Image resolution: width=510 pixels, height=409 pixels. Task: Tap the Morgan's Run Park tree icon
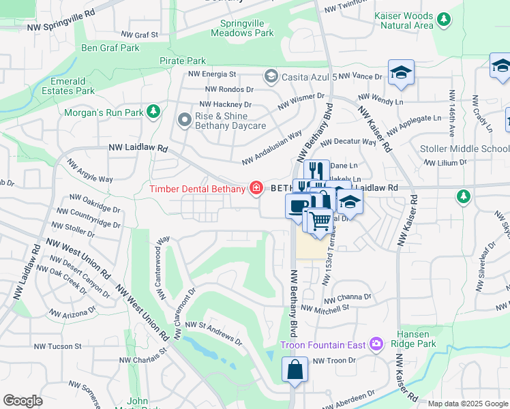(x=154, y=110)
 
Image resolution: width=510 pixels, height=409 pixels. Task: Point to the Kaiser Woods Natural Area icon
(x=445, y=19)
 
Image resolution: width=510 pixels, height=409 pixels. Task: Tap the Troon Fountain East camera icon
(x=375, y=345)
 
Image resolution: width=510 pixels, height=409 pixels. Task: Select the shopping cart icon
(x=320, y=220)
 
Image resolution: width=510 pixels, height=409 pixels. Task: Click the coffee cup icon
(x=297, y=205)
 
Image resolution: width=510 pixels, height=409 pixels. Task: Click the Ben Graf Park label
(x=110, y=48)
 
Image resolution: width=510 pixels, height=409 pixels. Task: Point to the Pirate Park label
(x=182, y=61)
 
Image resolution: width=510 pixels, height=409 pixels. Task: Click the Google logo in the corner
(x=22, y=400)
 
